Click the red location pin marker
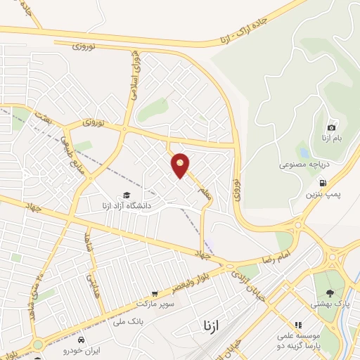pyautogui.click(x=181, y=165)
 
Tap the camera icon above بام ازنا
pyautogui.click(x=331, y=127)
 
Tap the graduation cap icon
pyautogui.click(x=127, y=195)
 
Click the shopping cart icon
pyautogui.click(x=155, y=293)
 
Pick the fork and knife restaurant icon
pyautogui.click(x=297, y=326)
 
